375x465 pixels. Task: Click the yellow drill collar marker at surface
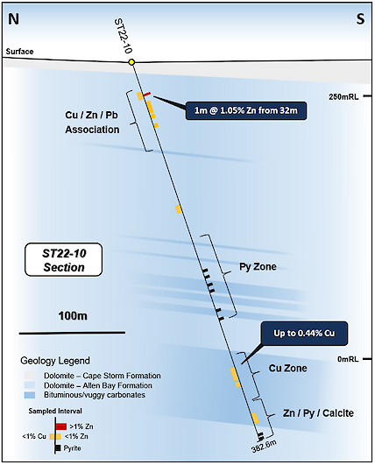pyautogui.click(x=131, y=62)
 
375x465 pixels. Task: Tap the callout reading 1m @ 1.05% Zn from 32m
pyautogui.click(x=246, y=110)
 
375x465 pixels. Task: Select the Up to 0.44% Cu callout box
pyautogui.click(x=304, y=334)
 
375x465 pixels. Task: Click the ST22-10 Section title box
pyautogui.click(x=64, y=260)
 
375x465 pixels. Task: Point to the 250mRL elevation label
pyautogui.click(x=343, y=96)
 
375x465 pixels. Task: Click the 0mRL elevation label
pyautogui.click(x=348, y=359)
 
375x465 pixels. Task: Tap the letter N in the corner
pyautogui.click(x=14, y=19)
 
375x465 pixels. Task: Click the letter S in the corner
pyautogui.click(x=360, y=19)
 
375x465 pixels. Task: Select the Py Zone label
pyautogui.click(x=258, y=266)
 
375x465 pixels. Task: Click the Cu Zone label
pyautogui.click(x=287, y=369)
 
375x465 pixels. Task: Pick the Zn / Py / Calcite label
pyautogui.click(x=318, y=413)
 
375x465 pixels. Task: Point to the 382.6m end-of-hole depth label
pyautogui.click(x=264, y=447)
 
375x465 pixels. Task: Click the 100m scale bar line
pyautogui.click(x=72, y=333)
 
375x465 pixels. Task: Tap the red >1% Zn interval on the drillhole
pyautogui.click(x=147, y=94)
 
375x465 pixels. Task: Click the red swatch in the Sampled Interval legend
pyautogui.click(x=61, y=426)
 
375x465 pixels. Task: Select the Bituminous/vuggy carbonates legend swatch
pyautogui.click(x=30, y=395)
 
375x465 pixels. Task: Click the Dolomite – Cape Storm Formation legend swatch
pyautogui.click(x=30, y=376)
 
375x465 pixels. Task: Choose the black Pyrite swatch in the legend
pyautogui.click(x=58, y=447)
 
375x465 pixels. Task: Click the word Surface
pyautogui.click(x=19, y=52)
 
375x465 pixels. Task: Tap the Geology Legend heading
pyautogui.click(x=55, y=361)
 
